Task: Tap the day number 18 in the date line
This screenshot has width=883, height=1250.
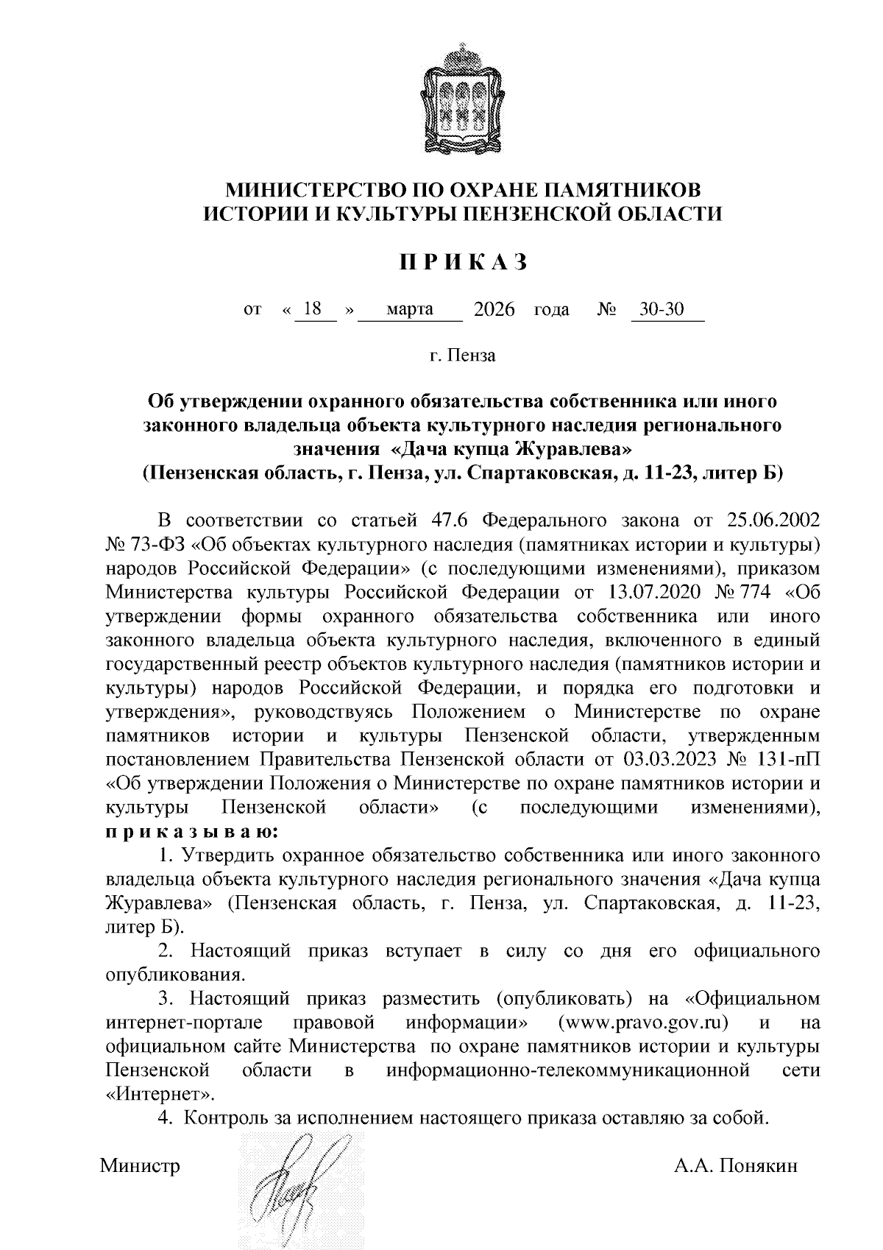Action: [x=313, y=309]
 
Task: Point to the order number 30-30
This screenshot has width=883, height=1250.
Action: [x=662, y=309]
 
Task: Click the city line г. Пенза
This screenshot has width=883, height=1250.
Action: [x=463, y=356]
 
